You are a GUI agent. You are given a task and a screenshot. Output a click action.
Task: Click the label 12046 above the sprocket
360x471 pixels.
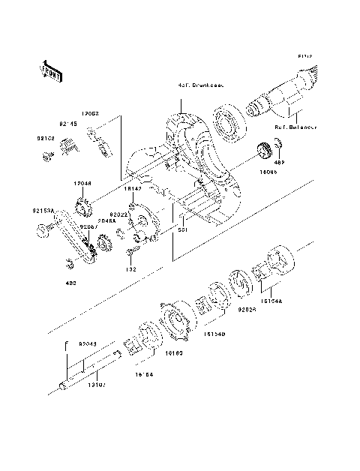point(82,181)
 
